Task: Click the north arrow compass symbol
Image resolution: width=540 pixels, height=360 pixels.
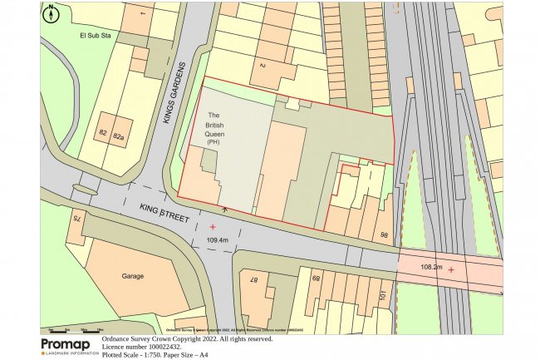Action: click(51, 13)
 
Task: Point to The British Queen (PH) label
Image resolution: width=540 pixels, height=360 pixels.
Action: click(213, 129)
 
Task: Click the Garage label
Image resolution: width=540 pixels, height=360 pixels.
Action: click(133, 276)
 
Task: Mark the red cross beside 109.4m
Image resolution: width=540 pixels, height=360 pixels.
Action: click(213, 226)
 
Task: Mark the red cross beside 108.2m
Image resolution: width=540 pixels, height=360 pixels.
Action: click(451, 269)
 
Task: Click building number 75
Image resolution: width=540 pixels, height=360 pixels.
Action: click(76, 219)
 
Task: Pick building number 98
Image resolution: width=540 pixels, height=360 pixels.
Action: click(384, 236)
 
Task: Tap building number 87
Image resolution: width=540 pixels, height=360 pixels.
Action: click(256, 280)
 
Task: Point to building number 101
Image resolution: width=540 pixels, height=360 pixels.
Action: click(382, 296)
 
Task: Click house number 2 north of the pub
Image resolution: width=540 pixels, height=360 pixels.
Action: click(262, 65)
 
